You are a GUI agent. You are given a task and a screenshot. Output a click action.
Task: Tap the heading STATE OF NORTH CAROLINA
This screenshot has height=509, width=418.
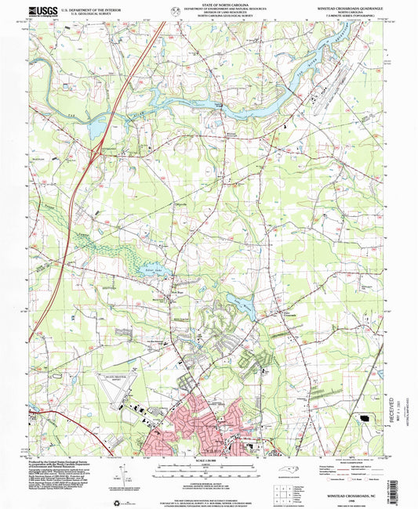point(209,4)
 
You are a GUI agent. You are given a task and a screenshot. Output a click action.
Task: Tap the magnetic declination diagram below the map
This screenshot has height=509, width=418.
point(119,475)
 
